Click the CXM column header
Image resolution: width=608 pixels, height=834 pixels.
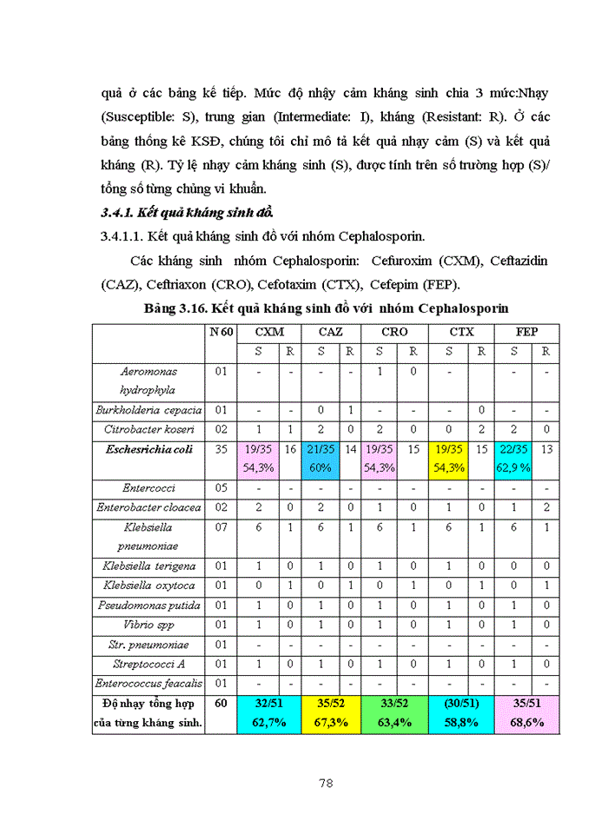[268, 332]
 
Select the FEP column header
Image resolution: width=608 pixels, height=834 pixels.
[527, 332]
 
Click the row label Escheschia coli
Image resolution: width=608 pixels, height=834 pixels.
[149, 449]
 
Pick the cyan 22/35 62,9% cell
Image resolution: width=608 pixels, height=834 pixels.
[515, 458]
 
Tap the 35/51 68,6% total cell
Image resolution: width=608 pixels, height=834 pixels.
[527, 713]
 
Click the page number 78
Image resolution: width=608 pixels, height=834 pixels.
[326, 783]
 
